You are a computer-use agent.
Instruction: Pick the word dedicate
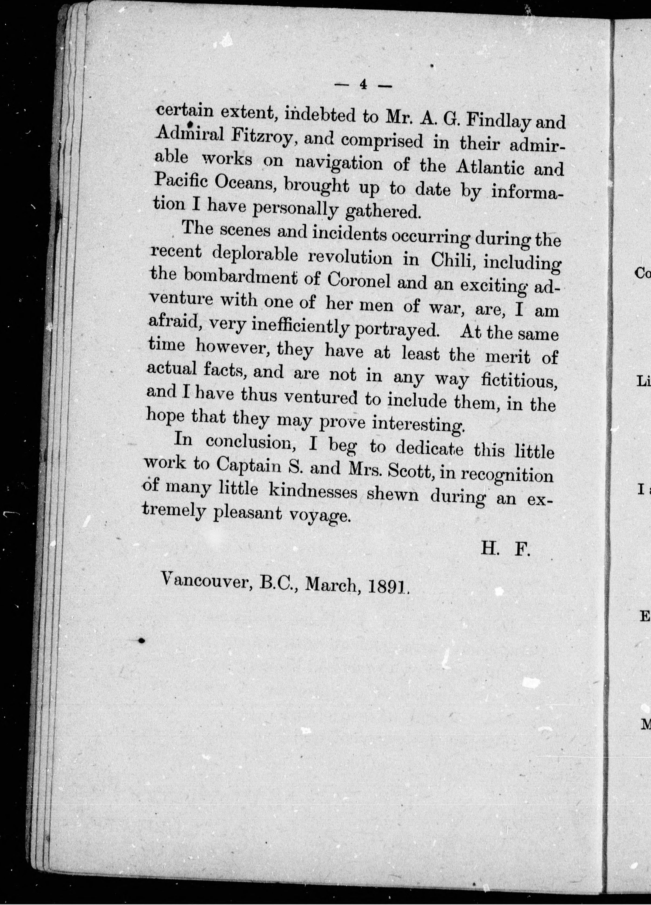coord(429,448)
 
